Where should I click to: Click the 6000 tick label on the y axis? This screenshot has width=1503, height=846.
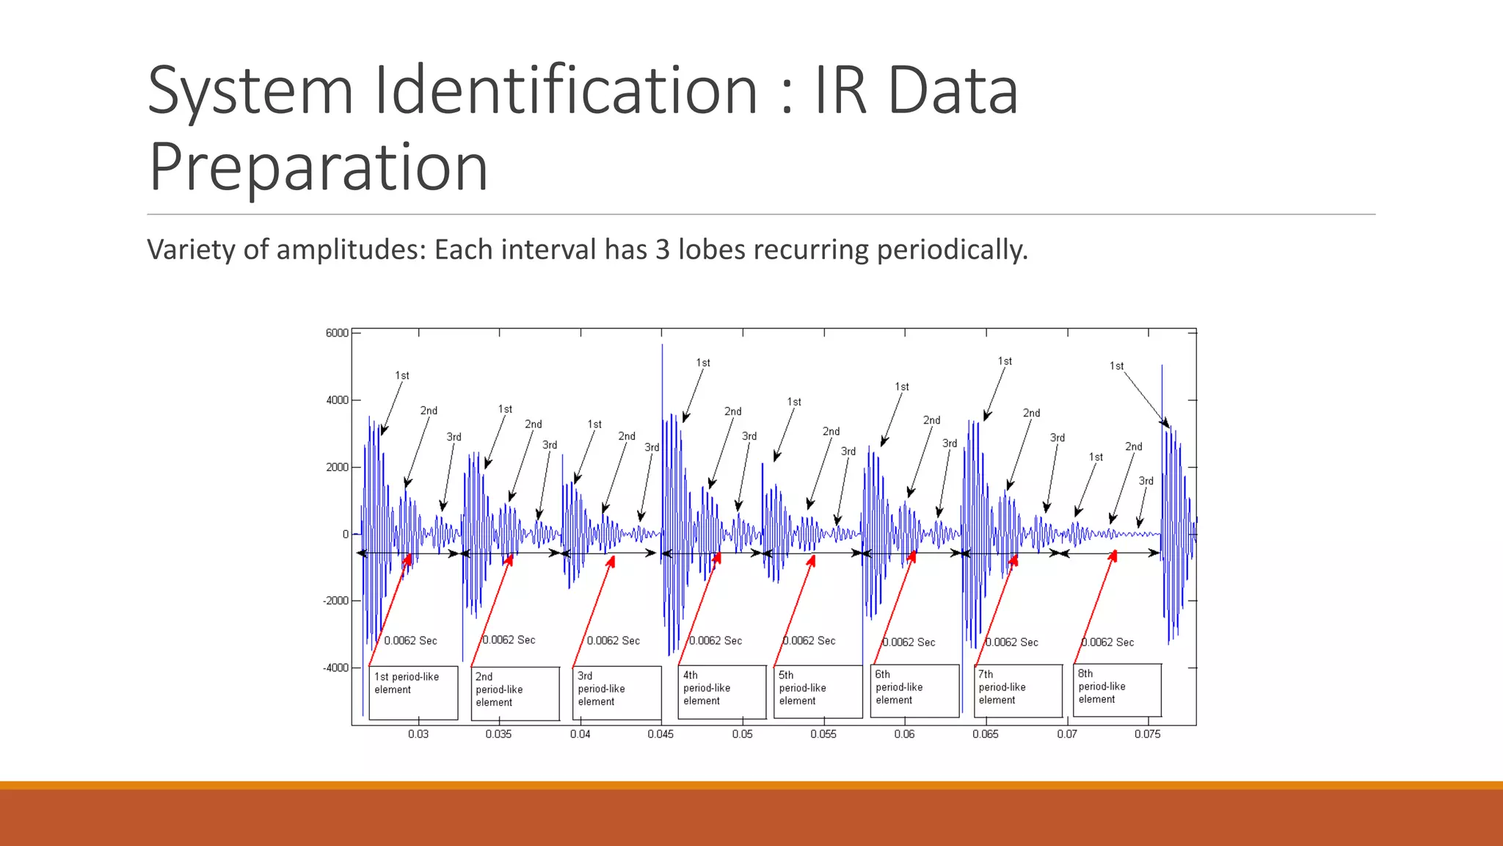point(337,333)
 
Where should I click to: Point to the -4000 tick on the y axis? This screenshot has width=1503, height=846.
point(336,668)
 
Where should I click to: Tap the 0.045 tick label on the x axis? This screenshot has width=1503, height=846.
point(660,734)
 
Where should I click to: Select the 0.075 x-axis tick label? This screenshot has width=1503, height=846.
point(1147,734)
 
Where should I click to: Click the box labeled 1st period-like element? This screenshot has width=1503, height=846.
point(413,693)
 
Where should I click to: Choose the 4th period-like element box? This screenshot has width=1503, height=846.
point(722,692)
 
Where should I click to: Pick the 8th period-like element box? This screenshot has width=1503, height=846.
point(1117,690)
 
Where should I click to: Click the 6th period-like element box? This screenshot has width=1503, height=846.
point(914,690)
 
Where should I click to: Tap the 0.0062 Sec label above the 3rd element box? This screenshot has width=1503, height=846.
point(613,641)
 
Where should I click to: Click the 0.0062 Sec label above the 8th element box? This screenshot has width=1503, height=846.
point(1107,643)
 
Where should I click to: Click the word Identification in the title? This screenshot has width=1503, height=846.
point(566,90)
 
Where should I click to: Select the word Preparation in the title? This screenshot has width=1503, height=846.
point(319,167)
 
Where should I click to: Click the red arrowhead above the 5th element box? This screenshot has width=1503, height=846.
point(812,561)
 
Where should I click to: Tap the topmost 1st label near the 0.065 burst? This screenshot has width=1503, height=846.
point(1005,361)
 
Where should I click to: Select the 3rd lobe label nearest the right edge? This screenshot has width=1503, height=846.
point(1146,481)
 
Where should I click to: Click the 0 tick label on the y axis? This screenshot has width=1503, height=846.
point(345,535)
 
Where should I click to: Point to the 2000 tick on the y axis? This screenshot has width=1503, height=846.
point(338,467)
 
